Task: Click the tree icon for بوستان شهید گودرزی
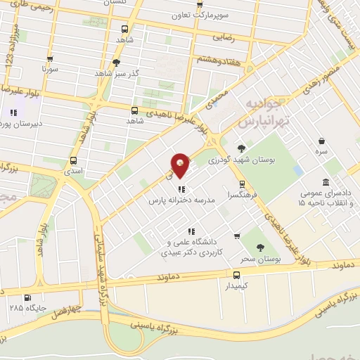pos(242,148)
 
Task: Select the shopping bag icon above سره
pos(322,141)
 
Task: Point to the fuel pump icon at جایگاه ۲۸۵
pos(27,297)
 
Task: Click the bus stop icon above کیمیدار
pos(236,275)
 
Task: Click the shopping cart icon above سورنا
pos(49,59)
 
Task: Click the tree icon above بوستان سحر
pos(261,247)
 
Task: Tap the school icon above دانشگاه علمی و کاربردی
pos(190,231)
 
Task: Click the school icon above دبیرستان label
pos(13,112)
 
